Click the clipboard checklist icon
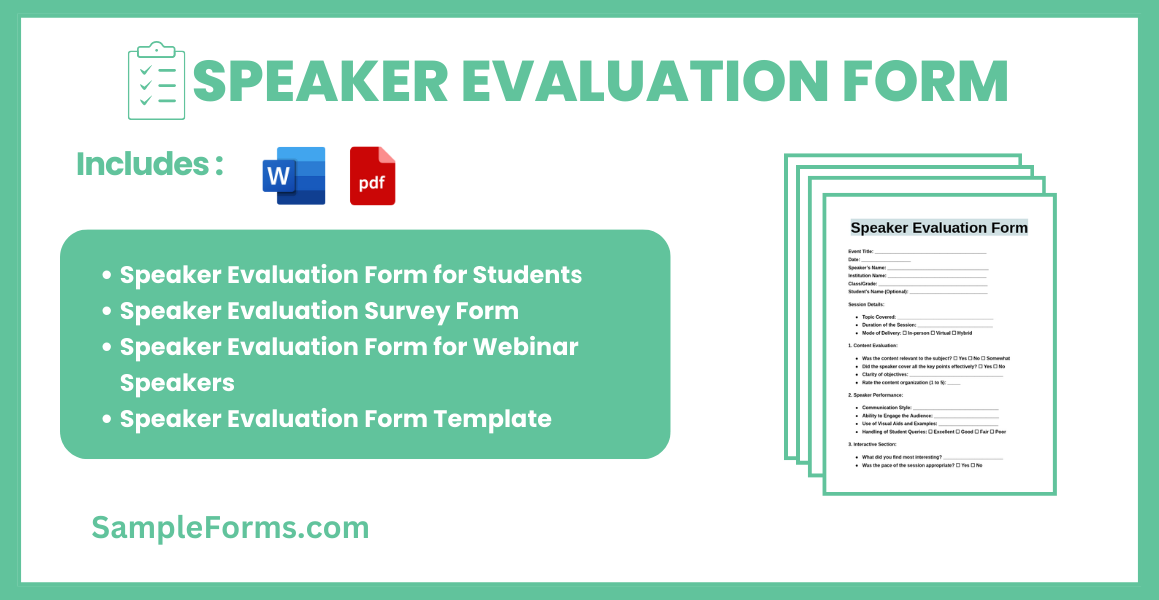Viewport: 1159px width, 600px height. click(157, 81)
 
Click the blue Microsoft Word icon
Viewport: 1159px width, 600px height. click(294, 176)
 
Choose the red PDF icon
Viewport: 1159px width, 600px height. click(373, 176)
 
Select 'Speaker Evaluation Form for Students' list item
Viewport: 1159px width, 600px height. click(351, 274)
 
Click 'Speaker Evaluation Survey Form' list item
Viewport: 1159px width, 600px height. click(319, 311)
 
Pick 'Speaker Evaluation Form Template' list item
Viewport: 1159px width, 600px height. click(336, 419)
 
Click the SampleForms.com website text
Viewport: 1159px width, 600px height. click(230, 527)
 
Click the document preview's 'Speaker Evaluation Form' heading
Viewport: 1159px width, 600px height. click(939, 228)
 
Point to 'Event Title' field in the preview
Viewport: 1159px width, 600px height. click(861, 251)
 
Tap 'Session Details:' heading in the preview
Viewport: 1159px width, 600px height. click(866, 304)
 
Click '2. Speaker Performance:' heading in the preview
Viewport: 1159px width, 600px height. click(875, 395)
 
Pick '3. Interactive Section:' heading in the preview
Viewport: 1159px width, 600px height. click(873, 444)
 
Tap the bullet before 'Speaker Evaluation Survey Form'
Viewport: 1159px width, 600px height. click(107, 311)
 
